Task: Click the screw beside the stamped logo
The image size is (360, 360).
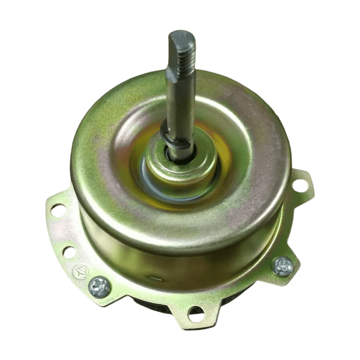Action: [99, 286]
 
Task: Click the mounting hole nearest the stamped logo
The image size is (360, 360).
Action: [69, 252]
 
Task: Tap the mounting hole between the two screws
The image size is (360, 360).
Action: [196, 314]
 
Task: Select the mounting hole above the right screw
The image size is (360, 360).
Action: [300, 184]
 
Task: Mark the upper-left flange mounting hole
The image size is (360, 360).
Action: [58, 209]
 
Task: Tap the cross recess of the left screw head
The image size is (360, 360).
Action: [99, 286]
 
